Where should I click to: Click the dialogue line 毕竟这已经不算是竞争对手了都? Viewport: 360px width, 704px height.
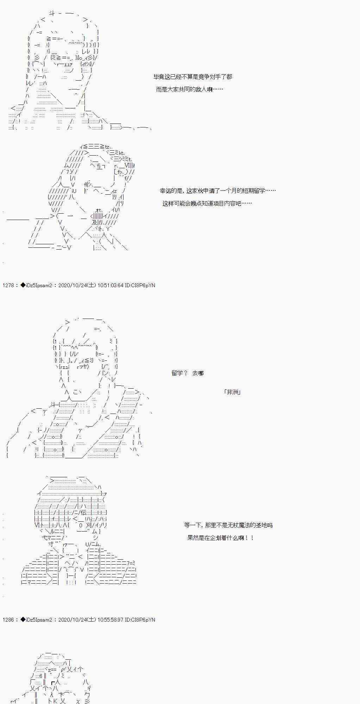coord(192,77)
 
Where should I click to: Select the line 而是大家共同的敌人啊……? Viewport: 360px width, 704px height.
coord(189,89)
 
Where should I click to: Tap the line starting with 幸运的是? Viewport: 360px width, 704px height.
coord(217,191)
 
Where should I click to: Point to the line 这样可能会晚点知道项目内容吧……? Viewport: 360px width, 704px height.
coord(207,203)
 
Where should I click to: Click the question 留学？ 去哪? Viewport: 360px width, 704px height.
coord(188,373)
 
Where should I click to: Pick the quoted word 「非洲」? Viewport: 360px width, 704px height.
coord(232,392)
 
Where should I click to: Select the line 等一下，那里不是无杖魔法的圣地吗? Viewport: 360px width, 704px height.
coord(228,525)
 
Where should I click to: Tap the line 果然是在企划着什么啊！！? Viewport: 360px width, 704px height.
coord(220,538)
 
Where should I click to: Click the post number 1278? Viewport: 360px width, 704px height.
coord(8,285)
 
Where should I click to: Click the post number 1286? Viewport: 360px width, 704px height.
coord(8,620)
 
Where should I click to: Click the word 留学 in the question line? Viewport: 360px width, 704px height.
coord(177,373)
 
